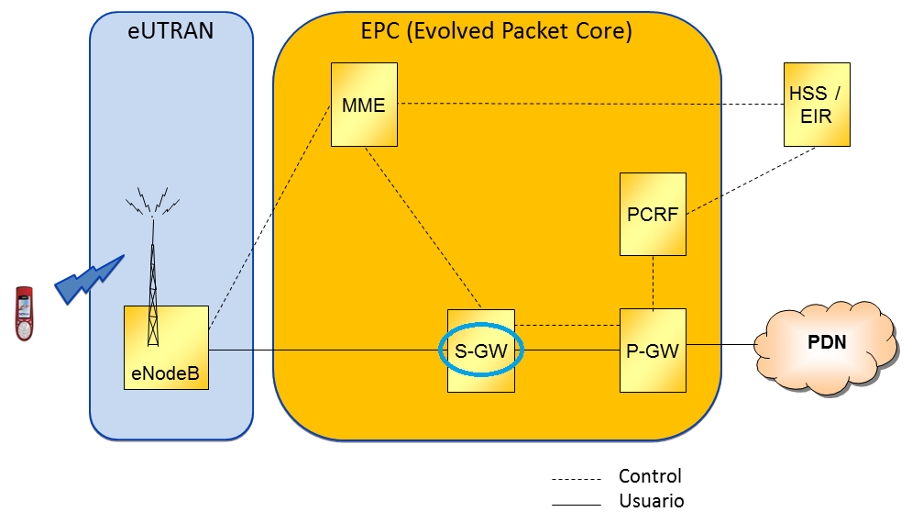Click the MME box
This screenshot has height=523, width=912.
pyautogui.click(x=364, y=105)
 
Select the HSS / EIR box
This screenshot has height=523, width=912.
pyautogui.click(x=817, y=104)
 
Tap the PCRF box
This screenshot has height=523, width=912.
pyautogui.click(x=653, y=214)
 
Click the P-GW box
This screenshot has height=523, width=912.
pyautogui.click(x=653, y=350)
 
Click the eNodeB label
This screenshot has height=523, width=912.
pyautogui.click(x=166, y=374)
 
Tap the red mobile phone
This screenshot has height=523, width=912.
pyautogui.click(x=25, y=314)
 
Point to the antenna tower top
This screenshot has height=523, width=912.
pyautogui.click(x=152, y=202)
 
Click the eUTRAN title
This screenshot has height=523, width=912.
pyautogui.click(x=170, y=31)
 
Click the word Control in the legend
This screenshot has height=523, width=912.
pyautogui.click(x=650, y=476)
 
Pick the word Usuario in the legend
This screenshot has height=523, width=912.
pyautogui.click(x=651, y=501)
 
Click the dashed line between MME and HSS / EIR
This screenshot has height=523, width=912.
pyautogui.click(x=587, y=103)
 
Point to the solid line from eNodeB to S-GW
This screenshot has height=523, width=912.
pyautogui.click(x=321, y=350)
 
